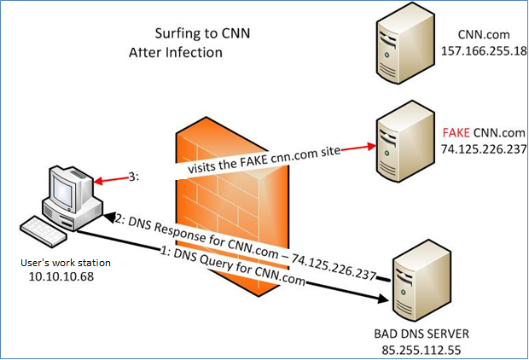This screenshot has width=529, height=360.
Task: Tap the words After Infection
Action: [175, 52]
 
